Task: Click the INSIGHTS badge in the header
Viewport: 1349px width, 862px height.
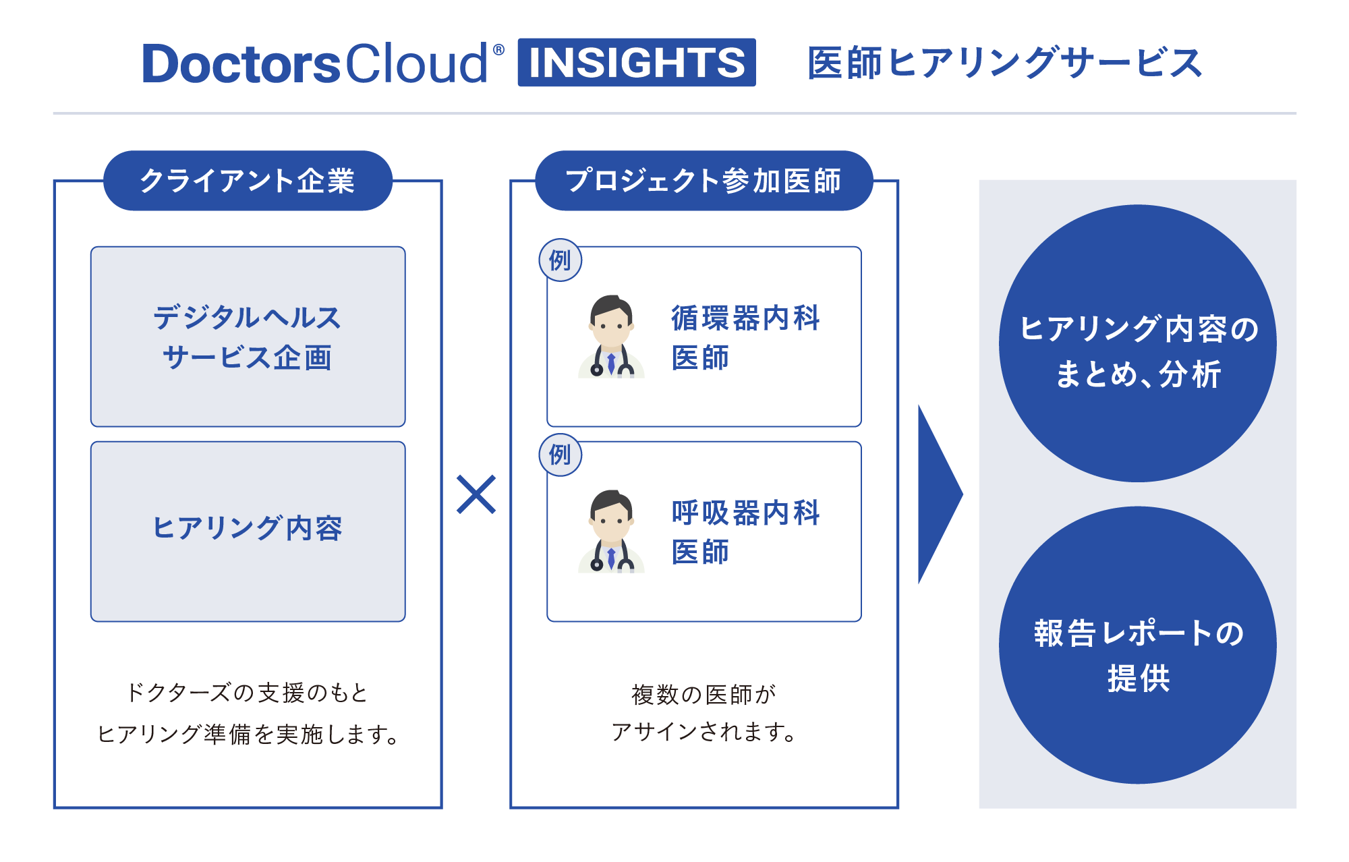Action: click(x=636, y=63)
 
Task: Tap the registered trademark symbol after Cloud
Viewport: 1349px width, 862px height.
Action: click(x=498, y=49)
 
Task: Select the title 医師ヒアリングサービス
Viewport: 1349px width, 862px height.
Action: click(x=1004, y=63)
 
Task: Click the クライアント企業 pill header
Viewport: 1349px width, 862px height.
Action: click(x=248, y=181)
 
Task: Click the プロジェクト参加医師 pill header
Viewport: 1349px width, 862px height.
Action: click(x=704, y=181)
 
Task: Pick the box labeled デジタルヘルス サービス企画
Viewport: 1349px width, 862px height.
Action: click(x=248, y=337)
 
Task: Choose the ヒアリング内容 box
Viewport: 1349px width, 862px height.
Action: click(x=248, y=531)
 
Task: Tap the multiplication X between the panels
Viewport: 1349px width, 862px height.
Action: click(x=476, y=494)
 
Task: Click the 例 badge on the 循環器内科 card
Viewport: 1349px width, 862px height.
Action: click(x=560, y=260)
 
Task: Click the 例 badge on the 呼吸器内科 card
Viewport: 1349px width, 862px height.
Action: click(x=560, y=455)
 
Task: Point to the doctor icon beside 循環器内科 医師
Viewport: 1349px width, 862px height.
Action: click(x=611, y=337)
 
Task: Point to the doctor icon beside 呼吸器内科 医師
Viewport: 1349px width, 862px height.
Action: click(x=611, y=531)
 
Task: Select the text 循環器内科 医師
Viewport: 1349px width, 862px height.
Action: click(x=745, y=337)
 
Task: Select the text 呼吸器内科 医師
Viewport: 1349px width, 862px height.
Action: click(x=745, y=532)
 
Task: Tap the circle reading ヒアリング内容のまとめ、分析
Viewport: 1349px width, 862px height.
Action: click(x=1137, y=343)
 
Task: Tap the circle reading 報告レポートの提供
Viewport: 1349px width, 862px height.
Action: click(x=1137, y=645)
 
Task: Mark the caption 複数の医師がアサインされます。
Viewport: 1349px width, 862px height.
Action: click(x=704, y=712)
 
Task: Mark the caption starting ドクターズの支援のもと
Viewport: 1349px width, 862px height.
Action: click(x=248, y=713)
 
